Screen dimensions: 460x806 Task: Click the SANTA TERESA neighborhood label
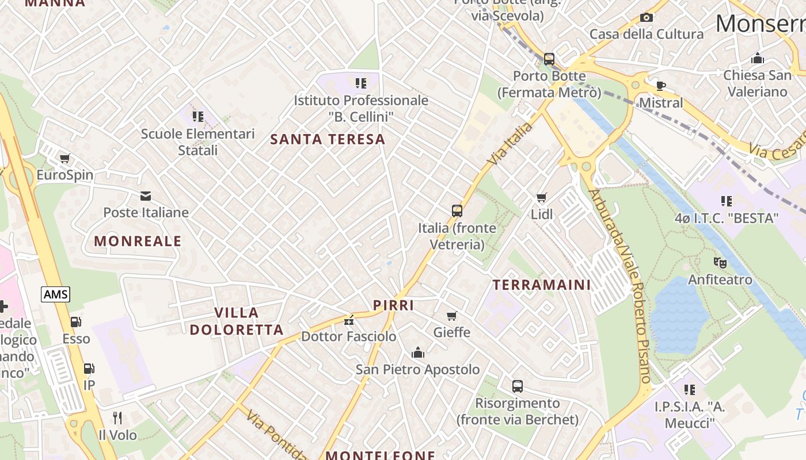click(328, 139)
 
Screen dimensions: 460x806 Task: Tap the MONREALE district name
click(138, 241)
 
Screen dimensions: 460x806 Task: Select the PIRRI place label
click(394, 305)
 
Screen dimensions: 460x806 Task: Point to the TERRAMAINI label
click(542, 285)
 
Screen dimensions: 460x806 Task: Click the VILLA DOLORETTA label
click(237, 321)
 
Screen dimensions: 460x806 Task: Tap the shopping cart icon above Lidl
click(541, 198)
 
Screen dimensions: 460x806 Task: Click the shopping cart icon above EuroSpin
click(64, 158)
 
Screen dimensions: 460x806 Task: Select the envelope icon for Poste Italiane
click(146, 196)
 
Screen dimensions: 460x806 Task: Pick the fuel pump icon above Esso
click(76, 322)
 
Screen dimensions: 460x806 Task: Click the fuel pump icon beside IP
click(89, 369)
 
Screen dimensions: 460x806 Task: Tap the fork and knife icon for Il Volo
click(117, 417)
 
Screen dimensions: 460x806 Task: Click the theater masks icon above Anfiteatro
click(720, 263)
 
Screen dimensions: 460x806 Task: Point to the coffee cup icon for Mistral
click(661, 86)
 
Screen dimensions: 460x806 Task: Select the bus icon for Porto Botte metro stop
click(549, 59)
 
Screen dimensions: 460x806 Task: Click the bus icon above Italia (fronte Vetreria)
click(457, 210)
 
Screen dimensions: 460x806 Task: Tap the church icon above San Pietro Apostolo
click(417, 352)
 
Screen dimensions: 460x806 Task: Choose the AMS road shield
click(55, 294)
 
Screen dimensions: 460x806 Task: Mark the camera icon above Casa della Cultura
click(647, 17)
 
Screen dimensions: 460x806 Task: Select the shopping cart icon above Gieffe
click(452, 316)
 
